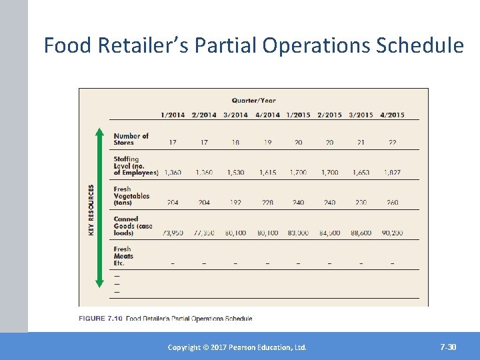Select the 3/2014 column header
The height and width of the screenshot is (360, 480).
point(235,115)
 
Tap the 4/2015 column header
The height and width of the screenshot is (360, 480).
point(392,115)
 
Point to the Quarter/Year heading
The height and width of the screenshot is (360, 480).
point(253,101)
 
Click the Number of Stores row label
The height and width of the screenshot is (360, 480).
point(131,139)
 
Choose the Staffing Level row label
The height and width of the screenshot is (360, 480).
point(135,165)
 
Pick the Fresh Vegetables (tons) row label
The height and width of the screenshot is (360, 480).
point(131,195)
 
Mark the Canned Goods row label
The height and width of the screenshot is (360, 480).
point(133,225)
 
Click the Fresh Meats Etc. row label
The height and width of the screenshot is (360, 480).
point(123,255)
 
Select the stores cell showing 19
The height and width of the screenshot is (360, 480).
point(267,143)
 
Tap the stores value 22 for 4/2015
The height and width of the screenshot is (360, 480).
point(392,143)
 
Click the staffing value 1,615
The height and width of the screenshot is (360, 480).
point(267,173)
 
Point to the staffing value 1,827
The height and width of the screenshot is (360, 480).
point(392,173)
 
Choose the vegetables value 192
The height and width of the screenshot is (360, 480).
point(235,203)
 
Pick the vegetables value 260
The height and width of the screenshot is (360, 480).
point(392,203)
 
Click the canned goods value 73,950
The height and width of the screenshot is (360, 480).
point(173,233)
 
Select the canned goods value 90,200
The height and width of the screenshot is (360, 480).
point(392,233)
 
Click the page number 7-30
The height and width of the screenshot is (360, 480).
point(448,347)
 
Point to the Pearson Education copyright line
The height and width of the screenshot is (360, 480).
point(237,347)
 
